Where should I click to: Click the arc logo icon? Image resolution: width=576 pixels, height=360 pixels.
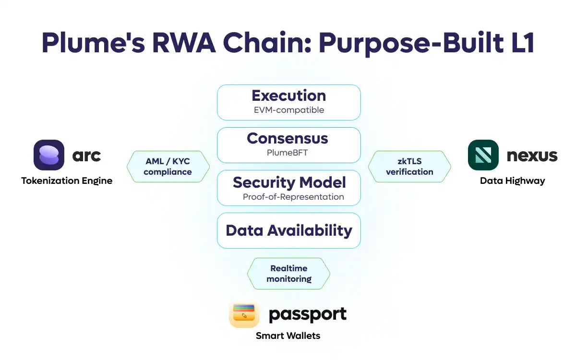pyautogui.click(x=49, y=155)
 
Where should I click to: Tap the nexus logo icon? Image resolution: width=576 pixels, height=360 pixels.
pyautogui.click(x=483, y=155)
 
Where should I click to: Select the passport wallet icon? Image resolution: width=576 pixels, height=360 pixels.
pyautogui.click(x=244, y=314)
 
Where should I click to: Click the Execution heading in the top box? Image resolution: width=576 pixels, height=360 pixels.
pyautogui.click(x=288, y=96)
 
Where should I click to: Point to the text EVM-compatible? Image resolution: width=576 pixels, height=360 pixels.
pyautogui.click(x=288, y=110)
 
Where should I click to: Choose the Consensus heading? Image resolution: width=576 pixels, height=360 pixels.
pyautogui.click(x=287, y=138)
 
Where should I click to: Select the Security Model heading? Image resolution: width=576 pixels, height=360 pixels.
pyautogui.click(x=289, y=182)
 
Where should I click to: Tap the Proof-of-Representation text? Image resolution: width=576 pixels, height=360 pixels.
pyautogui.click(x=293, y=197)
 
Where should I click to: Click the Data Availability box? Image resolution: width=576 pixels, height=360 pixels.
pyautogui.click(x=288, y=230)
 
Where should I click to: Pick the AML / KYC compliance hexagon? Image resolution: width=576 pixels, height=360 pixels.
pyautogui.click(x=168, y=167)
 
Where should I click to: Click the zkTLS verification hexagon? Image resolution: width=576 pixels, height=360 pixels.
pyautogui.click(x=409, y=167)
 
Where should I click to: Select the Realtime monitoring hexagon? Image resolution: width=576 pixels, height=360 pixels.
pyautogui.click(x=288, y=274)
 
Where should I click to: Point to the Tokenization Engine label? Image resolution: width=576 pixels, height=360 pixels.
pyautogui.click(x=67, y=181)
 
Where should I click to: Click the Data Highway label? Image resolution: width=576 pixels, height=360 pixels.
pyautogui.click(x=512, y=181)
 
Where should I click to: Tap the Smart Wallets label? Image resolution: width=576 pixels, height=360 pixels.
pyautogui.click(x=288, y=336)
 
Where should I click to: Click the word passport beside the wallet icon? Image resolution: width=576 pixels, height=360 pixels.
pyautogui.click(x=307, y=314)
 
